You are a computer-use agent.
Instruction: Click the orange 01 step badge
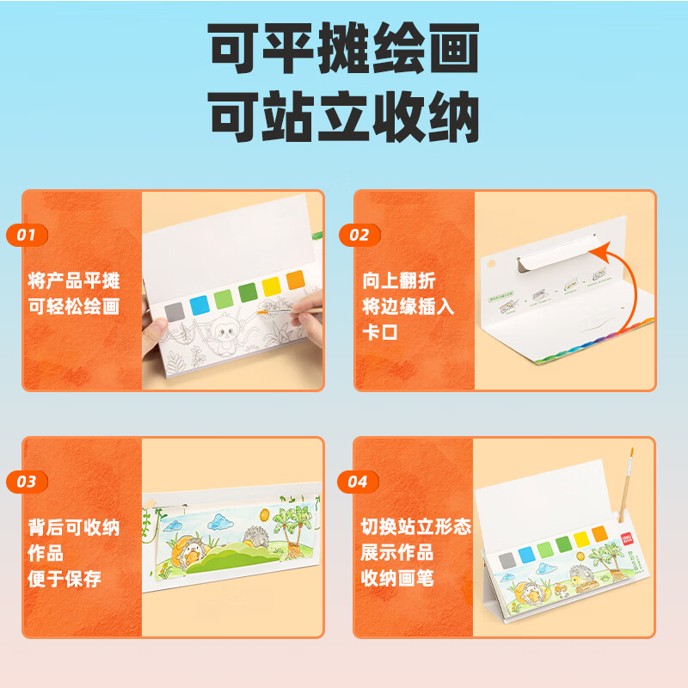pos(26,234)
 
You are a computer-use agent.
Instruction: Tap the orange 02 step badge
pos(359,234)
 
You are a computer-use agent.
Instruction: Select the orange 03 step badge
pos(26,482)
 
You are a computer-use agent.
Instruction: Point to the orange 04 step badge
pos(359,482)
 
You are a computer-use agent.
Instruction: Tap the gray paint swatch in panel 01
pos(175,310)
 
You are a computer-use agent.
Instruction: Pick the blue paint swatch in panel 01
pos(200,303)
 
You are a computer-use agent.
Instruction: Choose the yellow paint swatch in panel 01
pos(272,286)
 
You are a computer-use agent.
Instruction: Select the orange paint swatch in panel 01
pos(295,279)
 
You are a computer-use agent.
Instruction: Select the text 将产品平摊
pos(73,280)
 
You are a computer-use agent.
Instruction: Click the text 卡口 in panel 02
pos(379,331)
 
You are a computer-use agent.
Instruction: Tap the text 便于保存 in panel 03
pos(64,578)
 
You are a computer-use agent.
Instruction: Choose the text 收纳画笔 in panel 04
pos(396,578)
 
